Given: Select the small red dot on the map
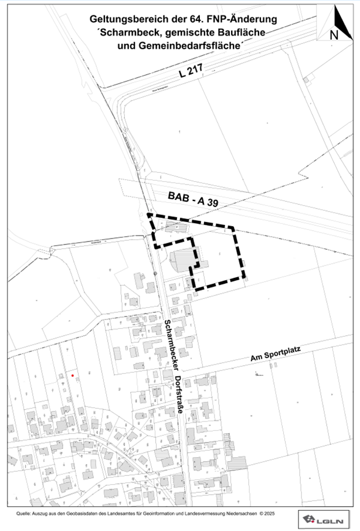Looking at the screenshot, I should pos(73,375).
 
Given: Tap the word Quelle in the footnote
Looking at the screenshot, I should pos(23,514).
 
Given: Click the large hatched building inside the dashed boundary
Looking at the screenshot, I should pos(181,258).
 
